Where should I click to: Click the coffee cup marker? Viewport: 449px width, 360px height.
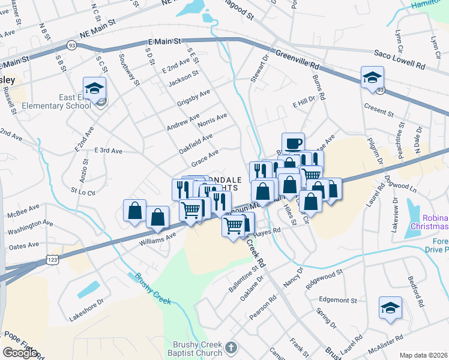tap(293, 143)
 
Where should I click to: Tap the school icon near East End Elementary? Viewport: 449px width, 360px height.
tap(94, 88)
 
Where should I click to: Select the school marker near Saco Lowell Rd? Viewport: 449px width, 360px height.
tap(372, 77)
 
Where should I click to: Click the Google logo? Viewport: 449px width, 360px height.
tap(20, 353)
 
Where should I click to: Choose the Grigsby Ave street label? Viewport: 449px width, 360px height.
tap(193, 98)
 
